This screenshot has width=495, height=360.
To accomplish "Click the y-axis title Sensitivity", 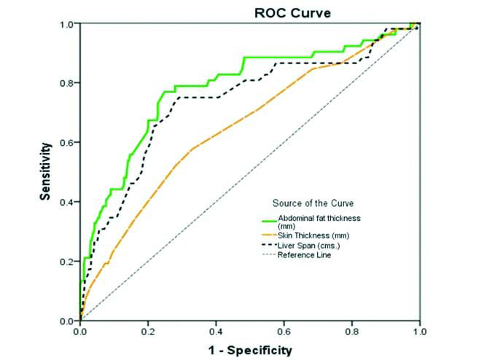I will (44, 172).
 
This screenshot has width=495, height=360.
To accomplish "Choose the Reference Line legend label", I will (305, 254).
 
